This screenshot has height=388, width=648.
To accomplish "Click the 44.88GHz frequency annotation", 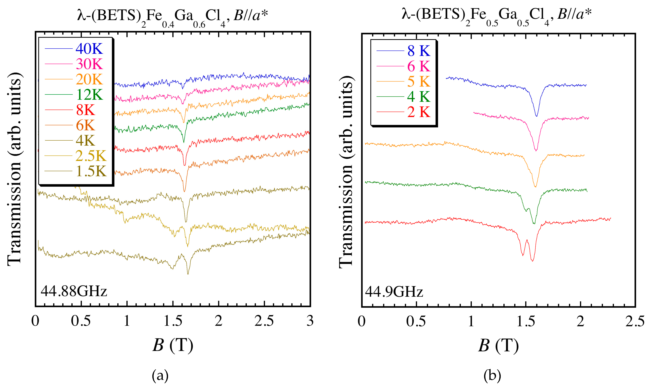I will [x=74, y=291].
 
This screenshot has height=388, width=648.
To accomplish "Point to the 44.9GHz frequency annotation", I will [x=394, y=292].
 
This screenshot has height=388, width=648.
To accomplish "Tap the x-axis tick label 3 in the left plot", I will [x=310, y=321].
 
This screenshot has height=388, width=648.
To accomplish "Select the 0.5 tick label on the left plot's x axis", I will [x=81, y=321].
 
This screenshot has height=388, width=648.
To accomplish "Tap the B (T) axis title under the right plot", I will [x=498, y=346].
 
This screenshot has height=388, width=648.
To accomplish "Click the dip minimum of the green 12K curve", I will [x=184, y=142].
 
